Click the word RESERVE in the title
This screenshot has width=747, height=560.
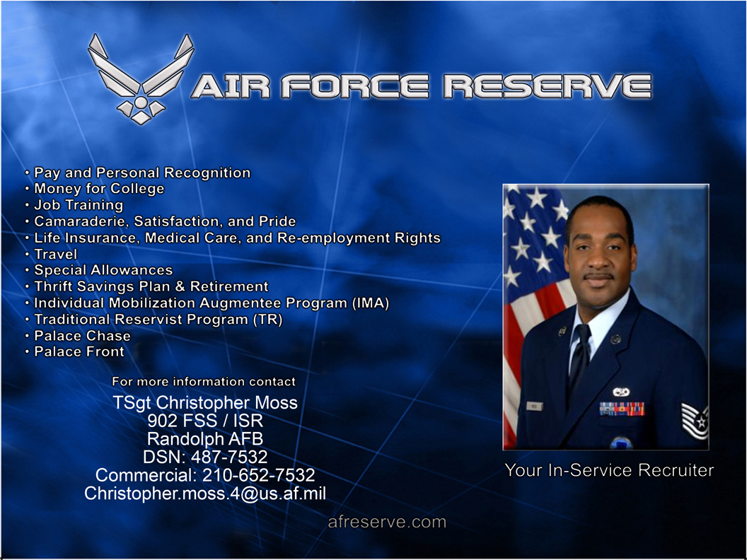pos(547,86)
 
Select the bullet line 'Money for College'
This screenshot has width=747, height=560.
pos(99,189)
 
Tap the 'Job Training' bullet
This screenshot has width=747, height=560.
pos(79,205)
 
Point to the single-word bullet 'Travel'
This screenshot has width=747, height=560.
pos(56,254)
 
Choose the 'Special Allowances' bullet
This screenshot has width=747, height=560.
pos(103,270)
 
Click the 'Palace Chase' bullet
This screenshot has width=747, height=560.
pos(82,336)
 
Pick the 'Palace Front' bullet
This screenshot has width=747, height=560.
pos(79,351)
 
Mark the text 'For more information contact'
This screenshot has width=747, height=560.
pos(204,382)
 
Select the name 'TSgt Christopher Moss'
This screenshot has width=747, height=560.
pos(205,403)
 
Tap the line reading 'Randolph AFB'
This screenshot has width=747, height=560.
pos(205,438)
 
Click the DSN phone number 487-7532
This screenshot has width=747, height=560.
pos(229,457)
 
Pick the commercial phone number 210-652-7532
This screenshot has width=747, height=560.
pos(258,475)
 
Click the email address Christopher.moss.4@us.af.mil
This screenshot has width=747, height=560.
pos(205,494)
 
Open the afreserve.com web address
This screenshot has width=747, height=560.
pos(387,523)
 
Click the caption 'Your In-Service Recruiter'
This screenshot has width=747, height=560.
pos(609,470)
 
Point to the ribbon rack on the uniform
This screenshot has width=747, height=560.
pos(621,409)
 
